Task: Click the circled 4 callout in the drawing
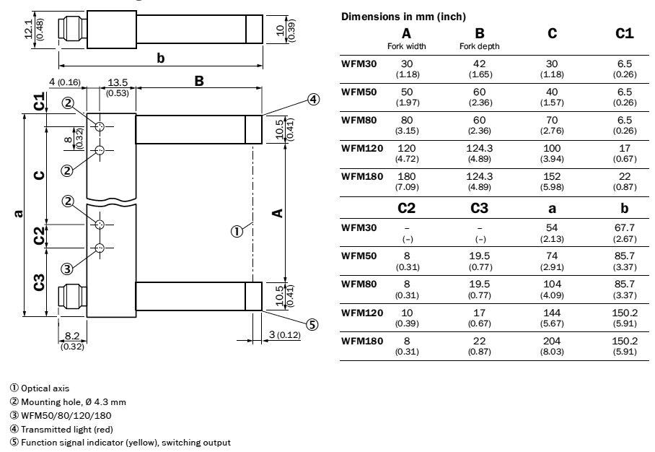click(313, 99)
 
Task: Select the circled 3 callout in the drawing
click(66, 269)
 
